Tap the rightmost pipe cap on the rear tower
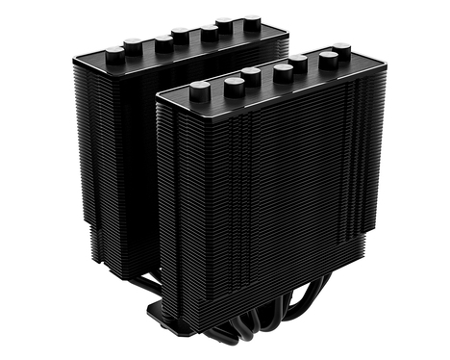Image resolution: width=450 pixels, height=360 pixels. (252, 20)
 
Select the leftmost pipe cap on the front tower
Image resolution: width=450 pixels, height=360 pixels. (200, 91)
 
